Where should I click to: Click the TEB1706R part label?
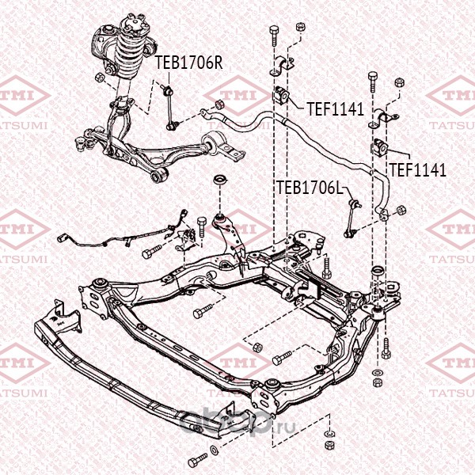click(188, 63)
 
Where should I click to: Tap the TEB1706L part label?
click(310, 188)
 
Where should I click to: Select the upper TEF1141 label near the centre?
click(335, 109)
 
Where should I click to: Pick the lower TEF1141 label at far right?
click(418, 170)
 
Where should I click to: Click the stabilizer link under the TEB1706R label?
click(170, 108)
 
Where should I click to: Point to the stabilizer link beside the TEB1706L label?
click(352, 218)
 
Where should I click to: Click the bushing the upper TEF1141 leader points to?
click(282, 95)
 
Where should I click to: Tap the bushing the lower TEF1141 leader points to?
click(380, 147)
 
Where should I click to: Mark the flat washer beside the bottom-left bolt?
click(214, 450)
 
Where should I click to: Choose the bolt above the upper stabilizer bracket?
click(274, 36)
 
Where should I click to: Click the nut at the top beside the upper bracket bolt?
click(300, 27)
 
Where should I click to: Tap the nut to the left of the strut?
click(100, 78)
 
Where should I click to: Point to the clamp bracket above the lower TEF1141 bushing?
click(382, 118)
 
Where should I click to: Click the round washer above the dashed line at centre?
click(220, 180)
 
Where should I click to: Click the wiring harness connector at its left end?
click(62, 238)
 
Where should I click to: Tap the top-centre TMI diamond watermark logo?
click(237, 96)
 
